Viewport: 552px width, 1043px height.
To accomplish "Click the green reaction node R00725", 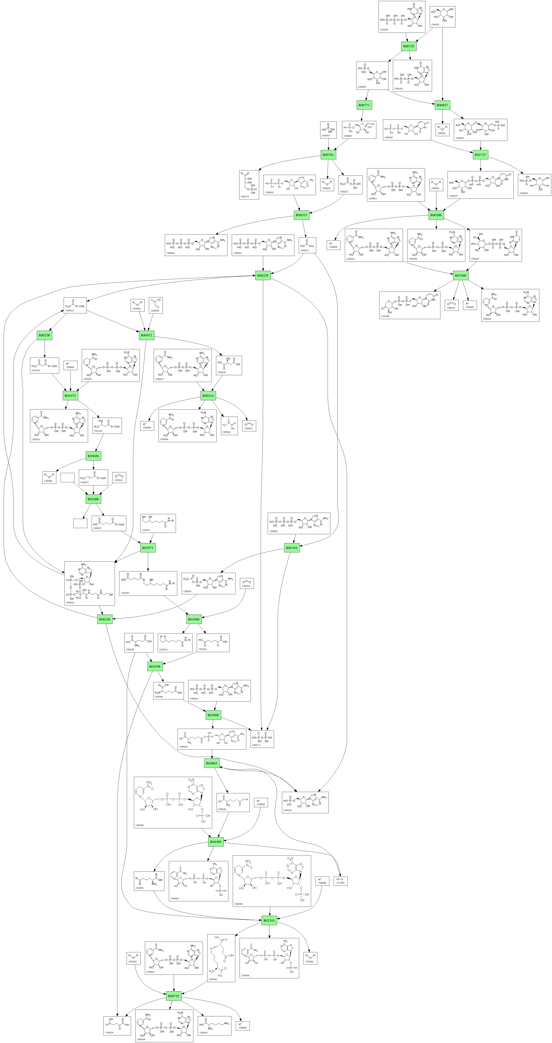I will [409, 46].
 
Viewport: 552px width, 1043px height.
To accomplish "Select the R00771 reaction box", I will [364, 105].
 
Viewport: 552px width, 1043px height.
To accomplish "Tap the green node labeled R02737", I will [480, 155].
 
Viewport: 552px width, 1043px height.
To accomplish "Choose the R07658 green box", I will [461, 275].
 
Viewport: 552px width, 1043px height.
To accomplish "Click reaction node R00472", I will [146, 335].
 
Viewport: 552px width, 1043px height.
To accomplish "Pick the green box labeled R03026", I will [93, 456].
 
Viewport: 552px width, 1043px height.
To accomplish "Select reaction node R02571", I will [148, 548].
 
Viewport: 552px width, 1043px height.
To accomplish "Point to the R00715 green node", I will [173, 996].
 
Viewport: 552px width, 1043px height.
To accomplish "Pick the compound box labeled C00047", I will [214, 1026].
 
